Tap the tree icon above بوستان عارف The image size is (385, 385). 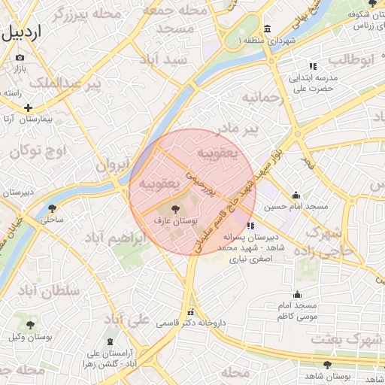coord(175,210)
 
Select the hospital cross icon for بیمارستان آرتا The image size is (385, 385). coord(29,108)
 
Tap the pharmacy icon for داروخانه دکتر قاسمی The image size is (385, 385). coord(190,311)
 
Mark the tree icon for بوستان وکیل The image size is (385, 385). coord(31,325)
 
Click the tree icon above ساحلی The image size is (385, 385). coord(52,208)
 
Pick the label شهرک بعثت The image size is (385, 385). coord(345,340)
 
